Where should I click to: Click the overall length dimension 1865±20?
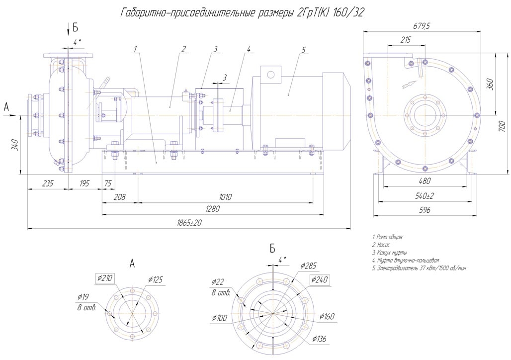(189, 223)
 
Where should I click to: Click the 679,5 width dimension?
(422, 26)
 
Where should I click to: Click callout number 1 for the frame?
(135, 49)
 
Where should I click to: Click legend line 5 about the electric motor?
(419, 268)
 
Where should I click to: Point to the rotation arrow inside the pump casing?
(408, 84)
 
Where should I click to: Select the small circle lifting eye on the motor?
(270, 75)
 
